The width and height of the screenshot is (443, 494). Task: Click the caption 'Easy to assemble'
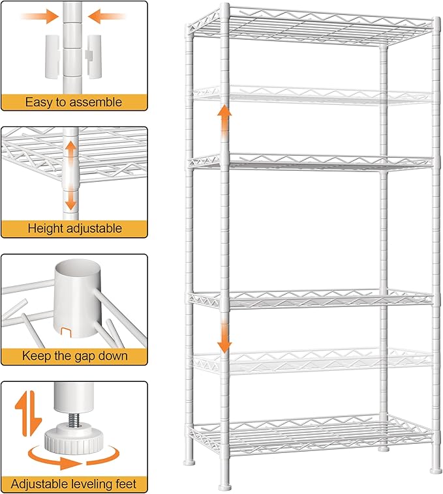coord(74,102)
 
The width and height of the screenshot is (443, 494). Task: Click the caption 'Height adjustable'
coord(74,229)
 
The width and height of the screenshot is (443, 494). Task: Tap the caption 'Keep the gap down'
coord(74,356)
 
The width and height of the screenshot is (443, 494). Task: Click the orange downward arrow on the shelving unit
coord(224,336)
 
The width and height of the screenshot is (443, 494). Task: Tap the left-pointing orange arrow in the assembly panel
coord(106,16)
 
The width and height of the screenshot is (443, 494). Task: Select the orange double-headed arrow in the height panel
coord(70,175)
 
